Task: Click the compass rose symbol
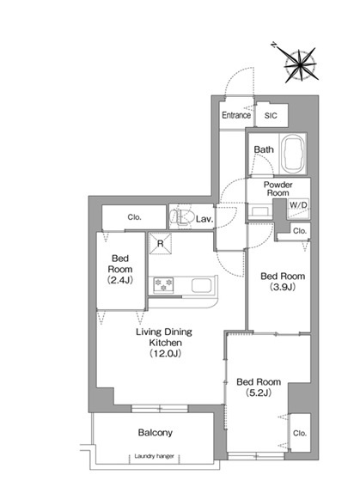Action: click(x=301, y=65)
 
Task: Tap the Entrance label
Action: click(x=236, y=115)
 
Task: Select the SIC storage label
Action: click(x=271, y=116)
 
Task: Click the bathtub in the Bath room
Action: click(x=294, y=154)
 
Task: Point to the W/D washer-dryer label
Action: click(x=298, y=205)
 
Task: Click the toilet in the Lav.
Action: click(x=181, y=216)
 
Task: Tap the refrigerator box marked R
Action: click(x=161, y=244)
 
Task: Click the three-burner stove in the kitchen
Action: click(x=163, y=285)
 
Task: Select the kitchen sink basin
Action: click(x=201, y=285)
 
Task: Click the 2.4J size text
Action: click(x=120, y=280)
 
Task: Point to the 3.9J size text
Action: click(x=283, y=287)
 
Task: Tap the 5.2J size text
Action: click(x=259, y=393)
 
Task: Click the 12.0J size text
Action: click(x=165, y=353)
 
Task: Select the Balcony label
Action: click(x=156, y=433)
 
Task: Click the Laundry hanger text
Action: click(x=154, y=456)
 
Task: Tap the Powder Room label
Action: click(x=278, y=189)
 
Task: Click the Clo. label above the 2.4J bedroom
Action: click(x=134, y=217)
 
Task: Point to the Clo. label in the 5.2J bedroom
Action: click(x=300, y=433)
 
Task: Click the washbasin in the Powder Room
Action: click(x=260, y=211)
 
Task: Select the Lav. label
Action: click(x=204, y=219)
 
